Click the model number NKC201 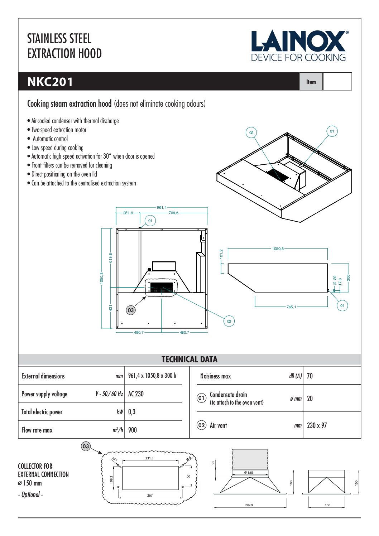(x=50, y=82)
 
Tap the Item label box (x=311, y=82)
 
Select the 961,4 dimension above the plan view (x=162, y=207)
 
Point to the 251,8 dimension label (x=128, y=213)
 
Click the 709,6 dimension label (x=173, y=213)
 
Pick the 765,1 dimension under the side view (x=291, y=307)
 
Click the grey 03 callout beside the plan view (x=131, y=310)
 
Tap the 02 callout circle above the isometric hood (x=251, y=132)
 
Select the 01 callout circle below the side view (x=342, y=305)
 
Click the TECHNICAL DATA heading (x=189, y=359)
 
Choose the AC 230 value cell (x=136, y=394)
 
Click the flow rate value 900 (x=133, y=430)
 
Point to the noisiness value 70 (x=310, y=376)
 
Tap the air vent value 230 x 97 (x=317, y=425)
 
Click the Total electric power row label (x=42, y=412)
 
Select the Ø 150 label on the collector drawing (x=248, y=473)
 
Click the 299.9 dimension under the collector (x=249, y=505)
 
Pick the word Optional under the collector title (x=30, y=494)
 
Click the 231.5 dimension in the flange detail (x=149, y=458)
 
